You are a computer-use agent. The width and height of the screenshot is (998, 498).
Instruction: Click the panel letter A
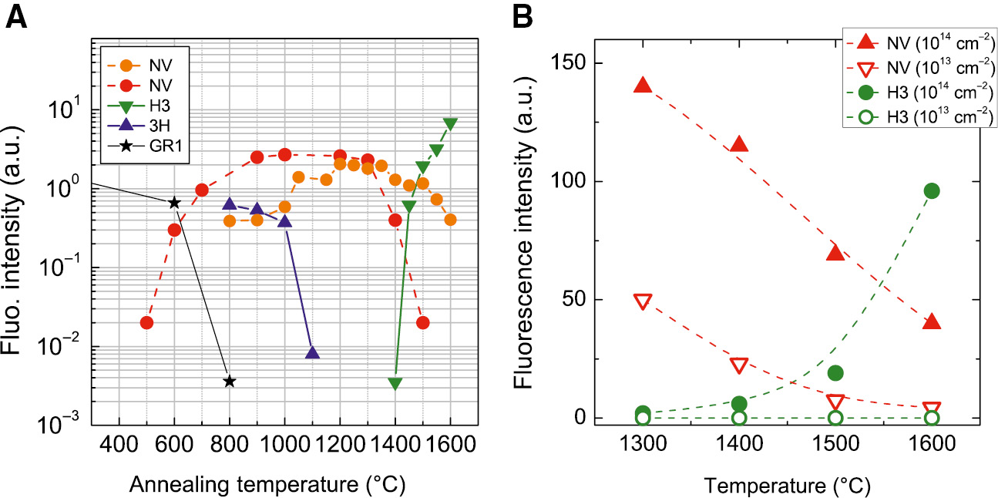tap(18, 17)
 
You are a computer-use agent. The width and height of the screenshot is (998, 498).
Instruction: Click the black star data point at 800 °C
tap(229, 381)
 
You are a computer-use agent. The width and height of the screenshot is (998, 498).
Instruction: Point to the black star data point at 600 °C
tap(174, 202)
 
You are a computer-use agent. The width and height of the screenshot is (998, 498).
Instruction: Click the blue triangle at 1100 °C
tap(312, 353)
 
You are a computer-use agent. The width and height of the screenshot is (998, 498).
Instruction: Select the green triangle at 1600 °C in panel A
tap(450, 124)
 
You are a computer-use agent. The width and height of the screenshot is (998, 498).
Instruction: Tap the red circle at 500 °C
tap(146, 322)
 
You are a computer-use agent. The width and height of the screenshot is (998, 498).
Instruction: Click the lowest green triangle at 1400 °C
tap(395, 383)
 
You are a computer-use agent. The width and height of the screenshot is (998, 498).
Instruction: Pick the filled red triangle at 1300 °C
tap(643, 86)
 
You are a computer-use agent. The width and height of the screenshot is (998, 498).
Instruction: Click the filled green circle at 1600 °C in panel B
tap(932, 191)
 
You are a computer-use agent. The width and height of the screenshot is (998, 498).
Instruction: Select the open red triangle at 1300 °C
tap(643, 301)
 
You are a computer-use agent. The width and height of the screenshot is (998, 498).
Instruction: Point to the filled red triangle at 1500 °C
tap(835, 253)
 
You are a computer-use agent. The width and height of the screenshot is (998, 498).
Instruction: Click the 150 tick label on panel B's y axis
tap(566, 62)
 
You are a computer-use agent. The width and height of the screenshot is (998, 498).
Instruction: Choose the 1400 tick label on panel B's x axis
tap(739, 447)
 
